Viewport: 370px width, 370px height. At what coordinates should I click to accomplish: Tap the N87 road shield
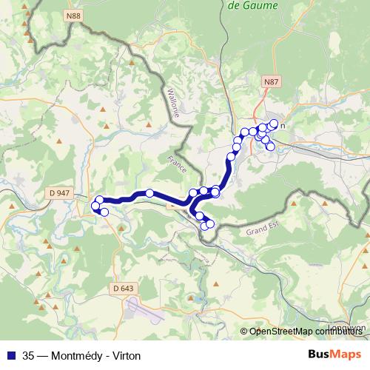pyautogui.click(x=271, y=81)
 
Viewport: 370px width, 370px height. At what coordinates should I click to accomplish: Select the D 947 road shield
pyautogui.click(x=58, y=193)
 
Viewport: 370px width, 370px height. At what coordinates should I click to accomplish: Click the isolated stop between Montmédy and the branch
pyautogui.click(x=149, y=193)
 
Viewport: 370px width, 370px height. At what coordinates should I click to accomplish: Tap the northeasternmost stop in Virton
pyautogui.click(x=274, y=124)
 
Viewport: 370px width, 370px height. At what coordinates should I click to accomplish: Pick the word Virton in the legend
pyautogui.click(x=124, y=355)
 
